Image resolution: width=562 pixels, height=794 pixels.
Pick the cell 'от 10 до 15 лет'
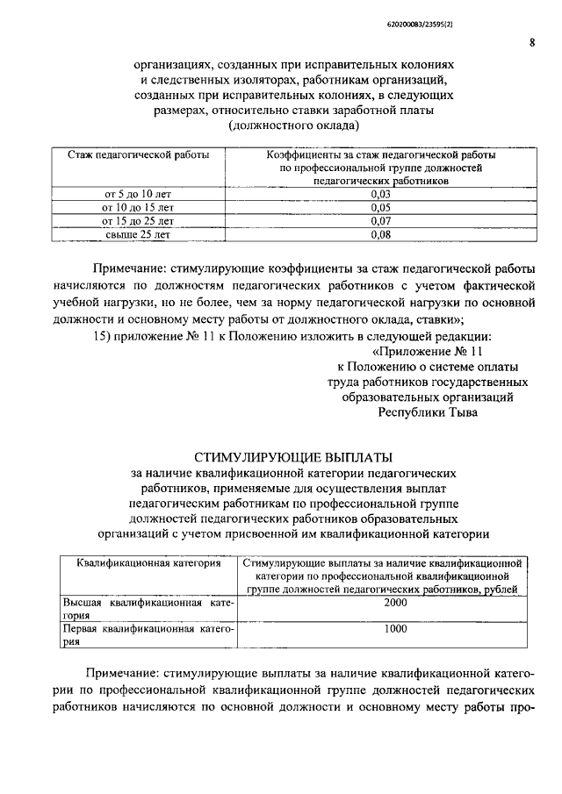(139, 207)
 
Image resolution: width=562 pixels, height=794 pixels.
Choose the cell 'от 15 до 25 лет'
(139, 221)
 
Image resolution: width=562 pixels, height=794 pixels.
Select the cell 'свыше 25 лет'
(139, 234)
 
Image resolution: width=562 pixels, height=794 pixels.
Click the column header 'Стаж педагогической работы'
(139, 155)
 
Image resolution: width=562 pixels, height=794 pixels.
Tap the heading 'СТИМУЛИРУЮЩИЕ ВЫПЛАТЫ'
(293, 456)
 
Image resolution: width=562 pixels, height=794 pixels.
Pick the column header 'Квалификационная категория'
(148, 563)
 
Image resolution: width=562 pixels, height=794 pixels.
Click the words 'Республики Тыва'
(428, 413)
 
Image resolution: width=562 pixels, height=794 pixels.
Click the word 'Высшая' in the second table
(81, 604)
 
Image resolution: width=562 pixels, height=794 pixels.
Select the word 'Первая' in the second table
(81, 629)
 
